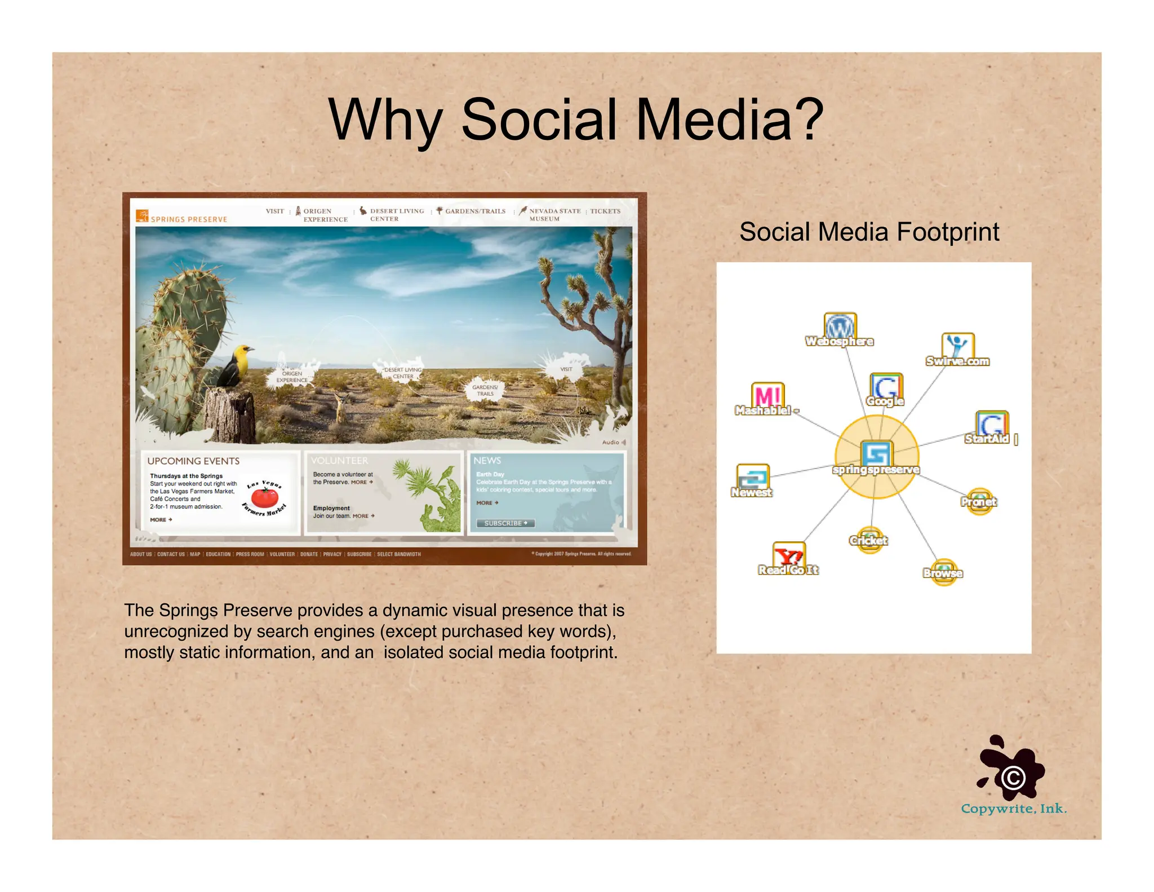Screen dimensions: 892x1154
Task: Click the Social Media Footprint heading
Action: coord(869,232)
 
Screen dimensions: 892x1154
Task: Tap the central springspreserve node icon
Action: coord(876,453)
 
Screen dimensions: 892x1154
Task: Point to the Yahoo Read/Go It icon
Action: coord(788,555)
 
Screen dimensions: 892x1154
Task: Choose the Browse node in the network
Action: coord(943,572)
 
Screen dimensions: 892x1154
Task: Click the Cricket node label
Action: coord(868,541)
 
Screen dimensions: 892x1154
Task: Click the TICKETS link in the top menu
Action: coord(605,211)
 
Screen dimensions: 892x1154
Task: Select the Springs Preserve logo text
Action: coord(188,219)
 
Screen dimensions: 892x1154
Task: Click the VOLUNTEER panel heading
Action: coord(339,461)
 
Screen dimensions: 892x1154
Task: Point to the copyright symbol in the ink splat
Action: coord(1013,778)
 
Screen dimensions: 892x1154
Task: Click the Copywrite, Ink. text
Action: coord(1014,809)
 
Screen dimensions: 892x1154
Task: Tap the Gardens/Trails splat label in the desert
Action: coord(485,390)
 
